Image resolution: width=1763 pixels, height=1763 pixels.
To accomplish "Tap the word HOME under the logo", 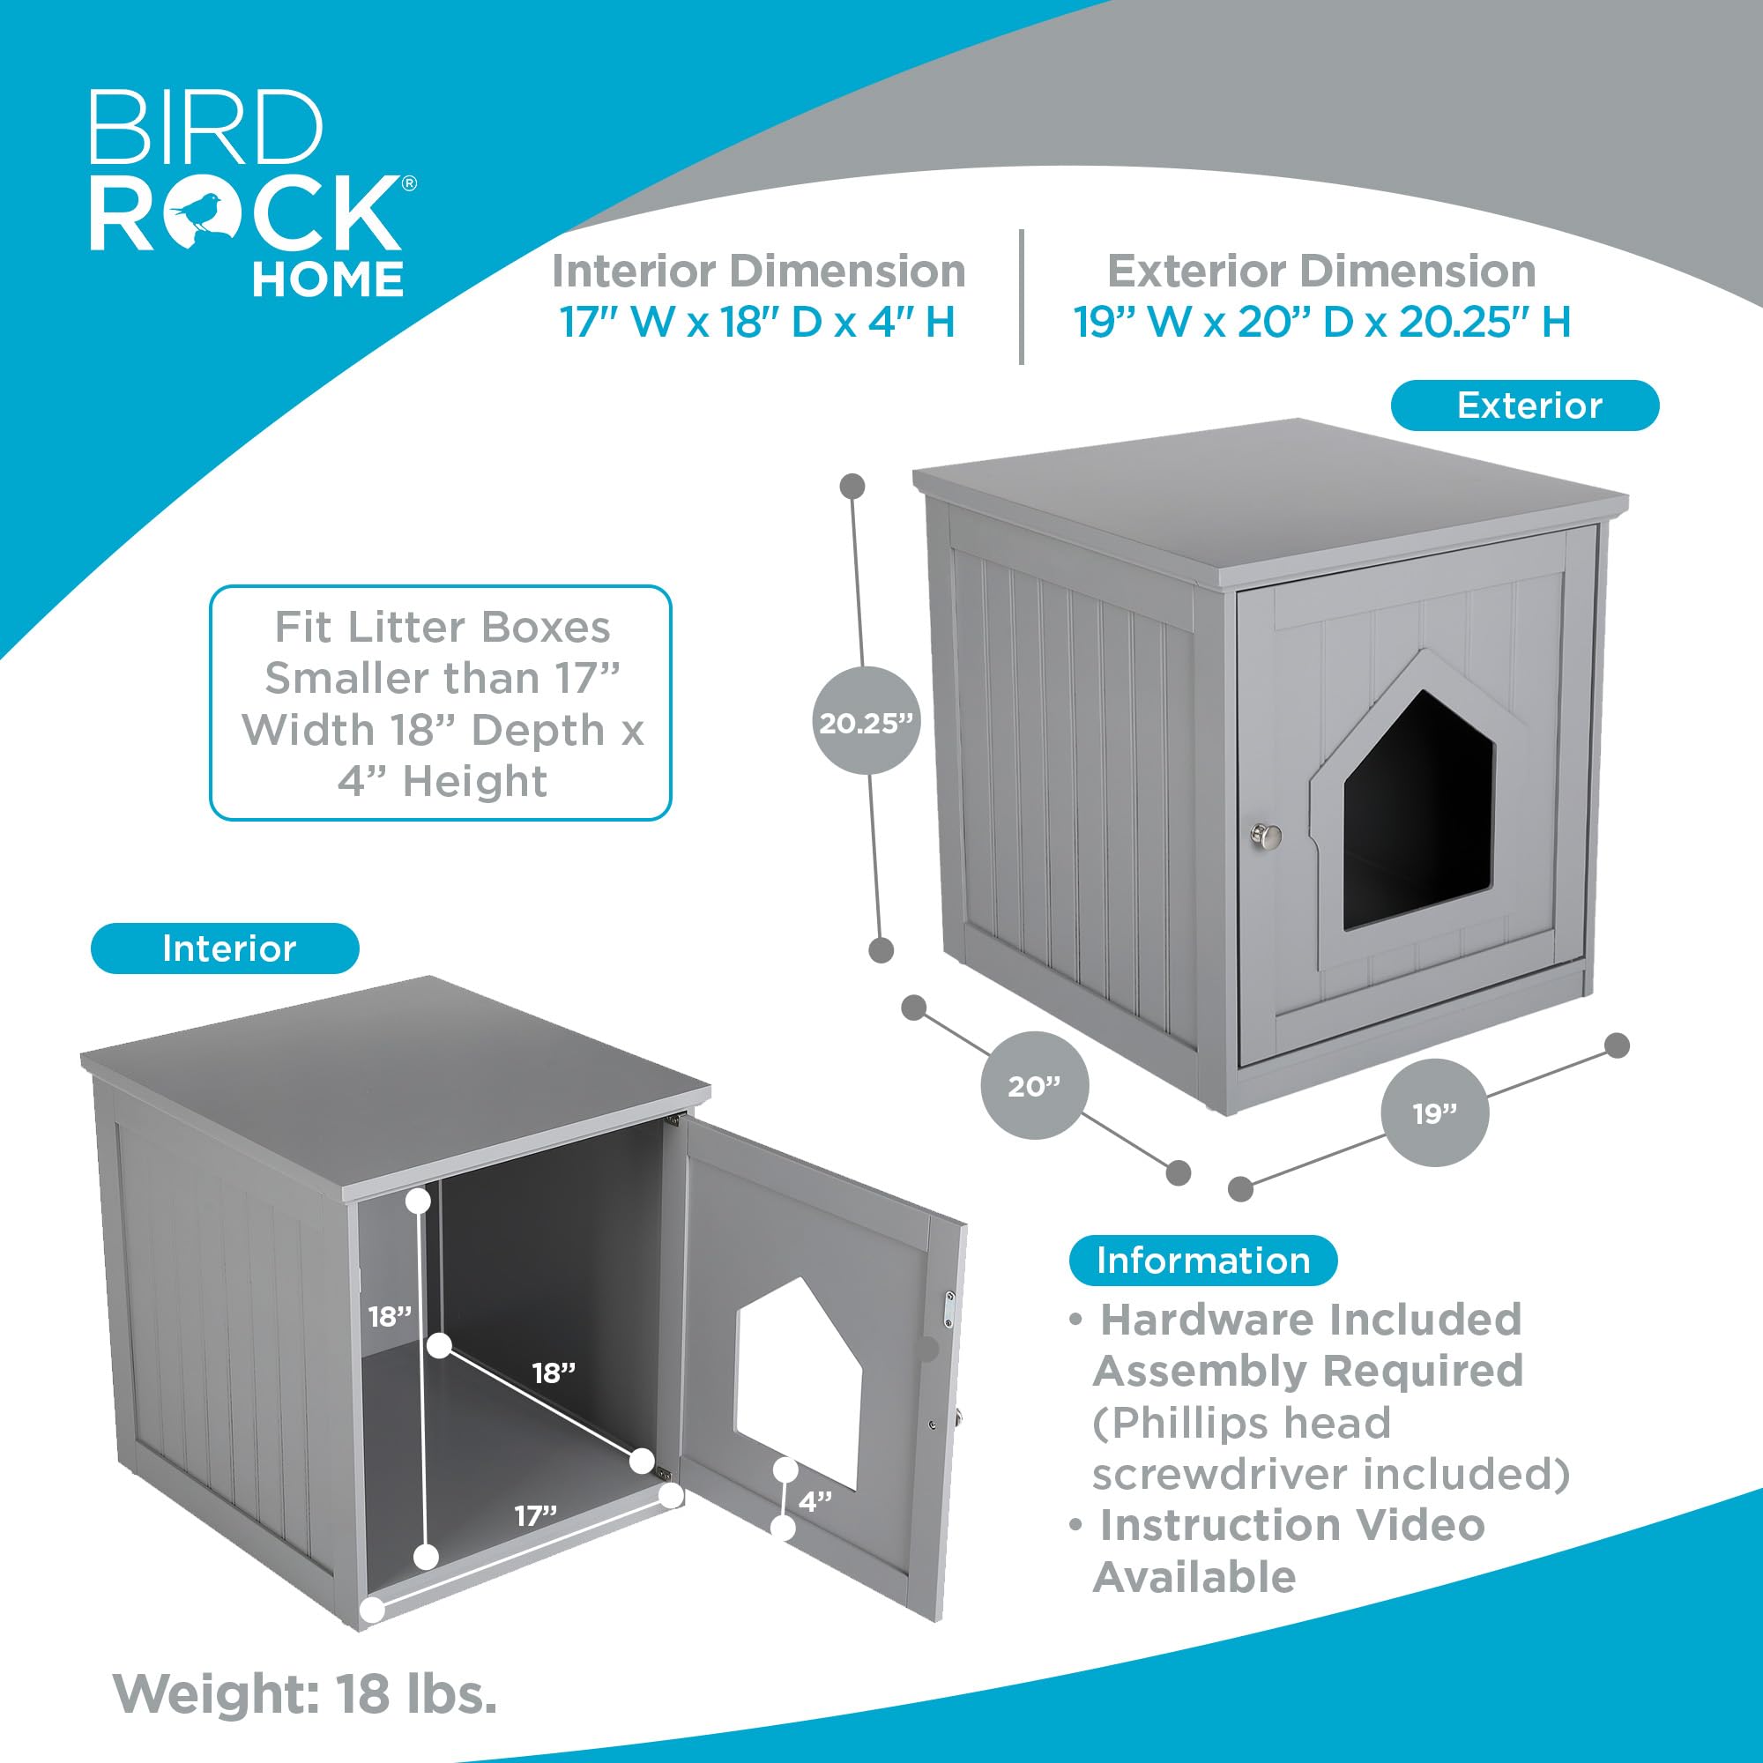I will point(328,279).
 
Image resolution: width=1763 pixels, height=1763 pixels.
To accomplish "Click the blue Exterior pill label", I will point(1524,405).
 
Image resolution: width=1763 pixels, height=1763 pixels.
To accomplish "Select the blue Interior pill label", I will point(227,949).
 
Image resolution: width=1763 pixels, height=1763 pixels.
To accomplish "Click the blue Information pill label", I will point(1202,1261).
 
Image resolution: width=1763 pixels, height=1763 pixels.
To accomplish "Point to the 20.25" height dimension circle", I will point(865,723).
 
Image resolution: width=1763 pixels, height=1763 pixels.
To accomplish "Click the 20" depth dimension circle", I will point(1034,1086).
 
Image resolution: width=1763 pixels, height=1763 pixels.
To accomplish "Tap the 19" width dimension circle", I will point(1435,1113).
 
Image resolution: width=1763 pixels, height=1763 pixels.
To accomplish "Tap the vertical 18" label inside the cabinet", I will point(390,1317).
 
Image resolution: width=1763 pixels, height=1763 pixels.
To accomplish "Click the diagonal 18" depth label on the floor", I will point(554,1372).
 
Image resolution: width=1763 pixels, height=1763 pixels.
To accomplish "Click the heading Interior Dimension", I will point(758,271).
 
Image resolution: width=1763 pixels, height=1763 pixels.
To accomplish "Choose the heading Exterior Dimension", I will point(1321,271).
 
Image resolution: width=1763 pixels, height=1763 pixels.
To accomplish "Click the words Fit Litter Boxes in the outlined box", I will point(443,627).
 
